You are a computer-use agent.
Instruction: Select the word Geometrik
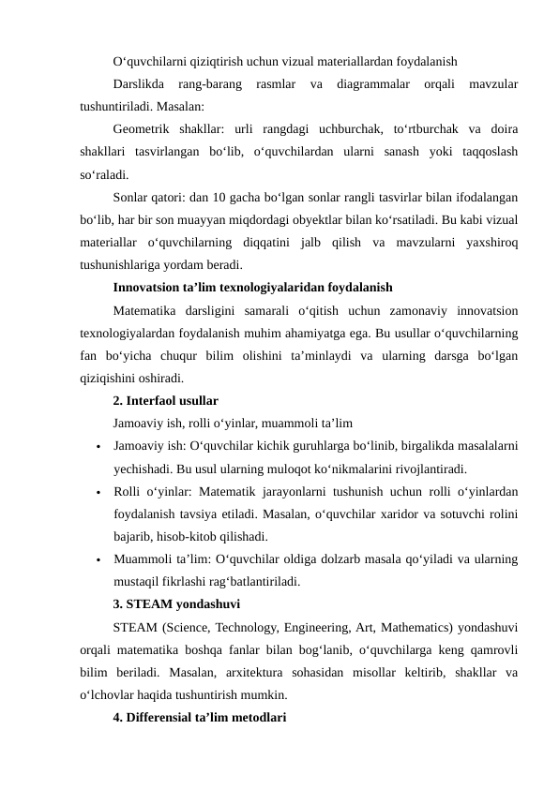pyautogui.click(x=144, y=128)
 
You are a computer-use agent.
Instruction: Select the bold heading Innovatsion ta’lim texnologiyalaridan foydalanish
pyautogui.click(x=252, y=288)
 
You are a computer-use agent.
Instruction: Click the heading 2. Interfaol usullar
pyautogui.click(x=165, y=401)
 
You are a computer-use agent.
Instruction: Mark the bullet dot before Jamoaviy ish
pyautogui.click(x=98, y=447)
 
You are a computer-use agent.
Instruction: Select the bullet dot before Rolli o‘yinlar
pyautogui.click(x=98, y=492)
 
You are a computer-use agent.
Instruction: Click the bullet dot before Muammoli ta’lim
pyautogui.click(x=98, y=560)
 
